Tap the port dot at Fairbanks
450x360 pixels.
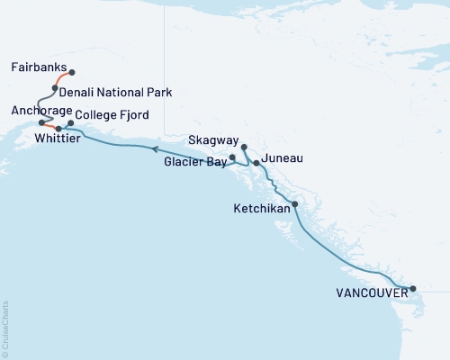[x=72, y=72]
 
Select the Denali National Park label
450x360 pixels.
[x=115, y=93]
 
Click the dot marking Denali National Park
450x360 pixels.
[x=56, y=88]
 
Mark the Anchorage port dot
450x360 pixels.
[x=41, y=121]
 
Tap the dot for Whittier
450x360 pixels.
[x=58, y=130]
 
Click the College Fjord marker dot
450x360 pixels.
[x=70, y=122]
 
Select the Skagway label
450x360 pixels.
[x=215, y=141]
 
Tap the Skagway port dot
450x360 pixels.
[x=245, y=144]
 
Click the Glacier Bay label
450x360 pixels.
[x=195, y=163]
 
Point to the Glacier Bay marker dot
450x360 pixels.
[x=233, y=157]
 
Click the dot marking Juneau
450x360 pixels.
[x=256, y=163]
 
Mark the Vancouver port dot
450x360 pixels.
[x=413, y=289]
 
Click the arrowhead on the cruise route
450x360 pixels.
[x=153, y=148]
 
